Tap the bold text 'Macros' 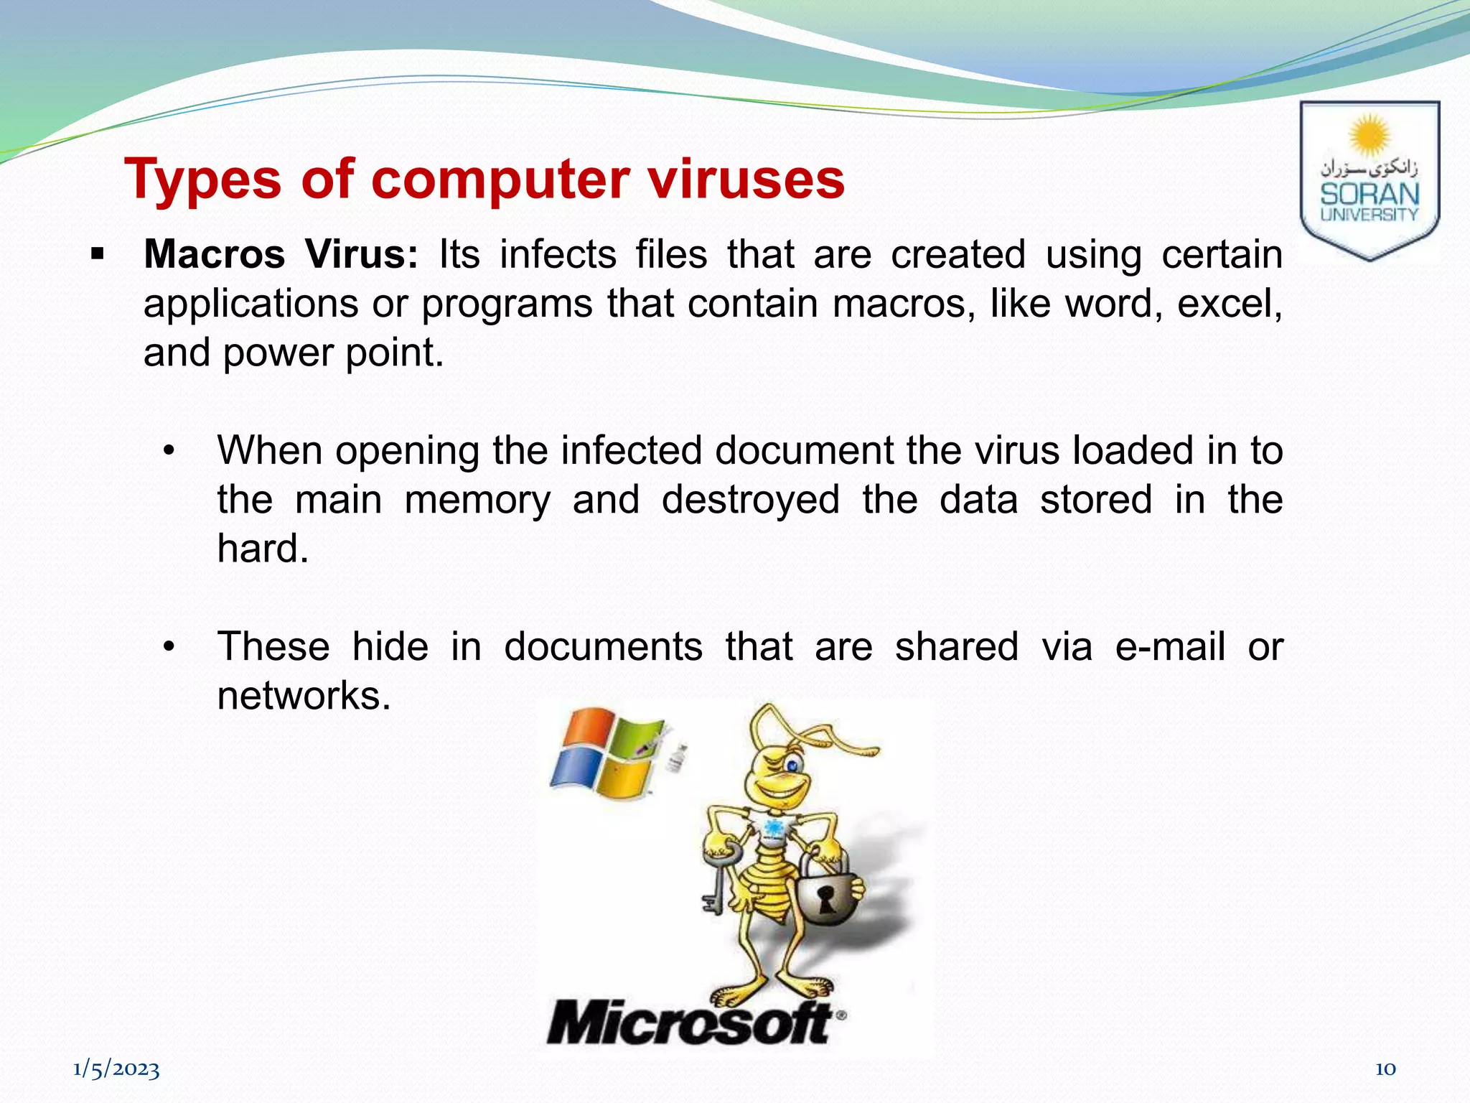[214, 254]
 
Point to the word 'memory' [477, 500]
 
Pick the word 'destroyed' [750, 500]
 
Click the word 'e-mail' [1169, 646]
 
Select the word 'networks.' [304, 696]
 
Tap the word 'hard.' [263, 549]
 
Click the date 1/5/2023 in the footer [116, 1069]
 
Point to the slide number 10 [1385, 1069]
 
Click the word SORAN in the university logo [1370, 194]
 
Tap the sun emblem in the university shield [1370, 134]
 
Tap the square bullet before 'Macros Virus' [98, 254]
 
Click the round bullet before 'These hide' [169, 647]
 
